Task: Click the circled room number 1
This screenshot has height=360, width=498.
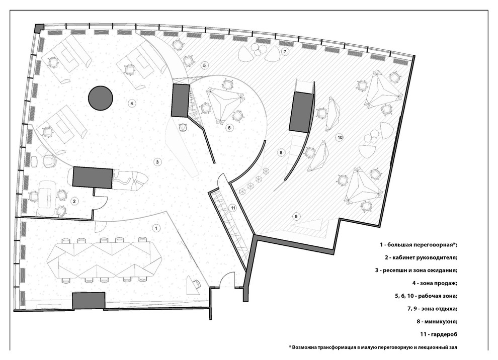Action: click(156, 228)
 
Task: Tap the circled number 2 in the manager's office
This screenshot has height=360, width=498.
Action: click(74, 201)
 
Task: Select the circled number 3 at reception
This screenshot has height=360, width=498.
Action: click(157, 162)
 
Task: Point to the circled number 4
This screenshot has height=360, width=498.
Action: click(131, 103)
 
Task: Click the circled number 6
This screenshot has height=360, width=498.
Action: click(230, 128)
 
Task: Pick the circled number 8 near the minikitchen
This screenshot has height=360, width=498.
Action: click(281, 152)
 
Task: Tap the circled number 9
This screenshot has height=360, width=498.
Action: click(296, 217)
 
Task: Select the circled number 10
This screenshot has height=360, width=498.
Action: click(340, 137)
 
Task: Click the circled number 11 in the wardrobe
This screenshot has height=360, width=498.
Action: click(233, 208)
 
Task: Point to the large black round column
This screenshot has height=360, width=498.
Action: click(101, 98)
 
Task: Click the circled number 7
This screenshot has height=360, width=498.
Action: click(285, 51)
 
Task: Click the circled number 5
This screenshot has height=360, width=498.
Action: click(205, 65)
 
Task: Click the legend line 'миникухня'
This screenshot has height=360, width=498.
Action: click(437, 322)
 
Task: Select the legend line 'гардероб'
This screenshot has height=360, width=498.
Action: click(439, 334)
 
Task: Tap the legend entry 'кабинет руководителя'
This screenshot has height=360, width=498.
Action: click(421, 257)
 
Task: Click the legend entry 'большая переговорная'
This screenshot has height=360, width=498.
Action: click(419, 245)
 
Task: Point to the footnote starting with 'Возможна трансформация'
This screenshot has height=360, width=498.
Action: click(373, 347)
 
